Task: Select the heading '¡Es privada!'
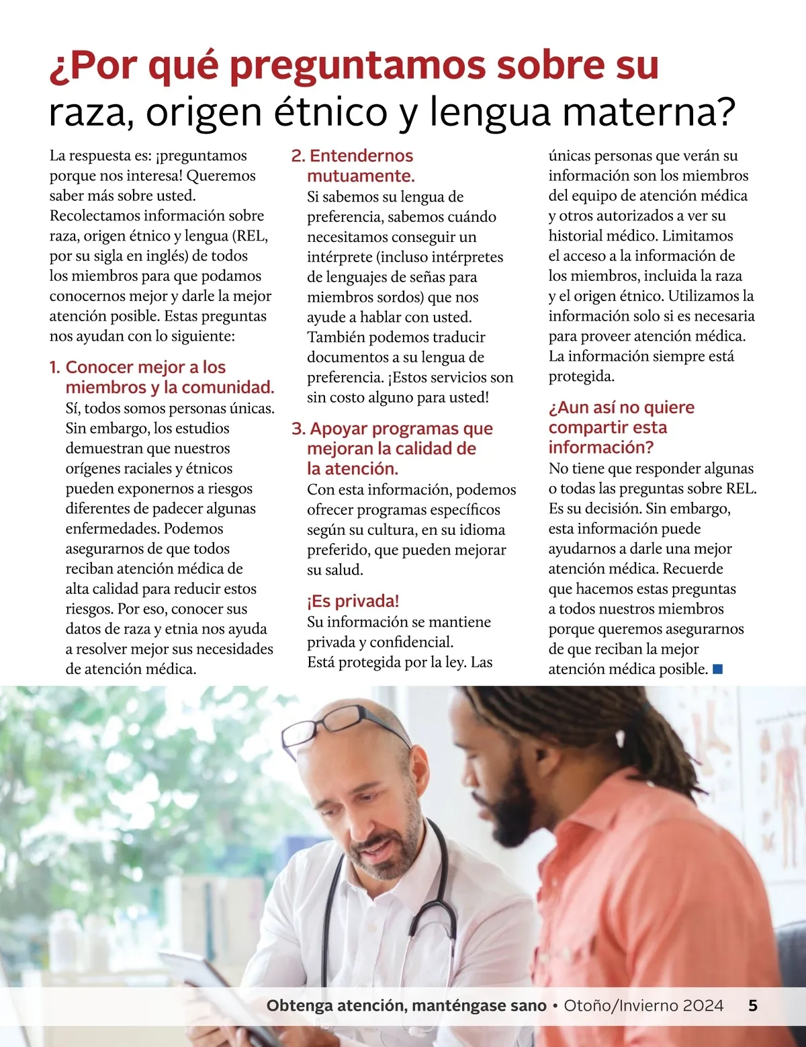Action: pyautogui.click(x=353, y=601)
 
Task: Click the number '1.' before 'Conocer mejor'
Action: pyautogui.click(x=55, y=368)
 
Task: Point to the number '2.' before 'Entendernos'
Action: pyautogui.click(x=298, y=156)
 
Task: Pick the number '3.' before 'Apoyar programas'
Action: pyautogui.click(x=298, y=429)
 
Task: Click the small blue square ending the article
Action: pyautogui.click(x=717, y=669)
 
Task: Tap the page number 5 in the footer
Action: pyautogui.click(x=753, y=1005)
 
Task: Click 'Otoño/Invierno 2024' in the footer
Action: pyautogui.click(x=643, y=1005)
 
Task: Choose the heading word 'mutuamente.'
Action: pyautogui.click(x=361, y=176)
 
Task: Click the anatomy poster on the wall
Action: pyautogui.click(x=779, y=773)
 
